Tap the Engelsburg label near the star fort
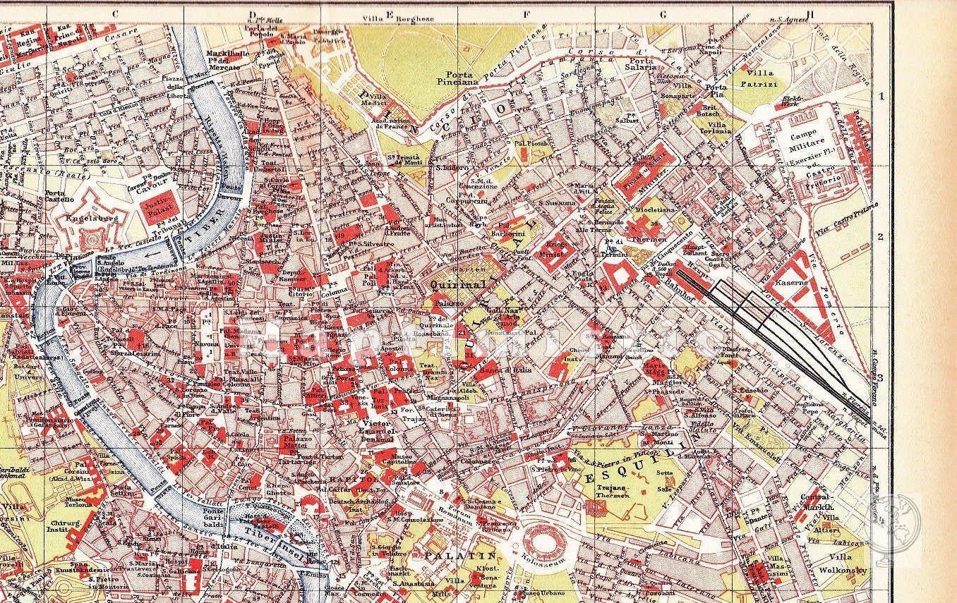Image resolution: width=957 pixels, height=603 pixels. click(91, 219)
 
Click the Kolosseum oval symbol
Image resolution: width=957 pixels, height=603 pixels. click(543, 545)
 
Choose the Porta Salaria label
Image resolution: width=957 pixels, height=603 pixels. click(639, 64)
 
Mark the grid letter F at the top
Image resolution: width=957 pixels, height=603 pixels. click(525, 13)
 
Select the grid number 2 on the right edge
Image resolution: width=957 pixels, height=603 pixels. click(880, 236)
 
